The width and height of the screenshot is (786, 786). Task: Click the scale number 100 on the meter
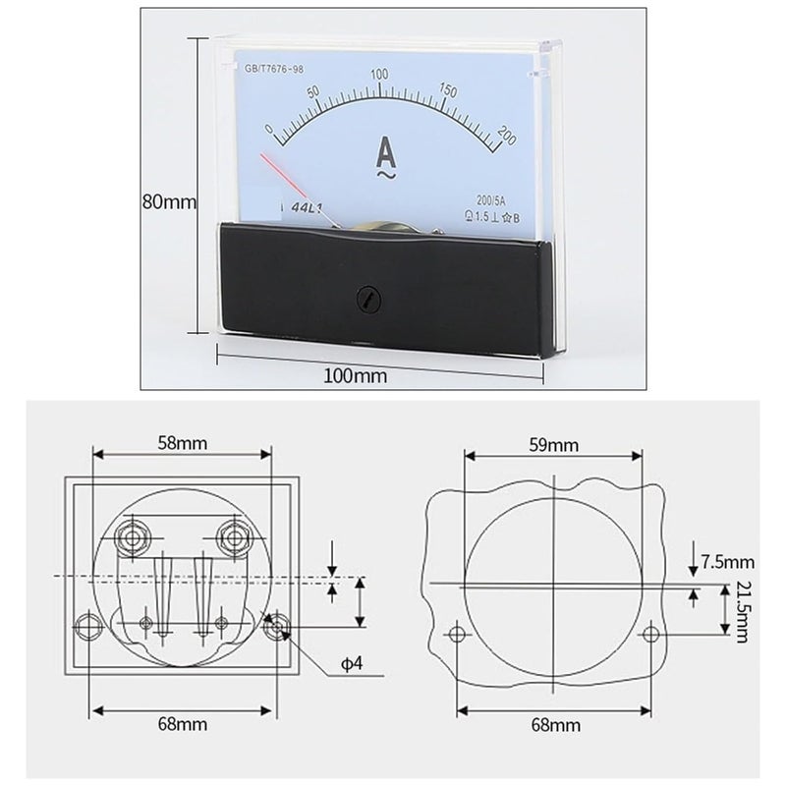(379, 76)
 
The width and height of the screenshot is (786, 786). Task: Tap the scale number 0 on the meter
(268, 128)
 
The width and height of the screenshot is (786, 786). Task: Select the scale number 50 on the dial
(314, 92)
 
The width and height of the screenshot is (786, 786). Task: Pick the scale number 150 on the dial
(448, 90)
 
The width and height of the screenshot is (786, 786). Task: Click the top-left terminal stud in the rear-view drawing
(132, 535)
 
